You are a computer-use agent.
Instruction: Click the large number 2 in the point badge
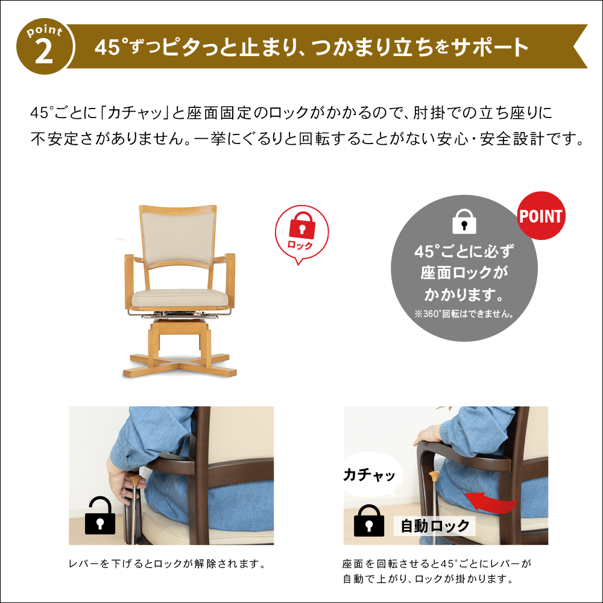point(44,52)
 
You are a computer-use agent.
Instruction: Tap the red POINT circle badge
point(541,216)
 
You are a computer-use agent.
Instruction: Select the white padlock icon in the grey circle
point(464,221)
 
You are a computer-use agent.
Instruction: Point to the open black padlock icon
point(100,515)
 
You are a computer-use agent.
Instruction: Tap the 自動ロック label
point(435,526)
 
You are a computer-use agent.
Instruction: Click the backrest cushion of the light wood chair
point(178,237)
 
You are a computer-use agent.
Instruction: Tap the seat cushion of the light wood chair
point(180,298)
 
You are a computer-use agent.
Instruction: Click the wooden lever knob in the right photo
point(434,476)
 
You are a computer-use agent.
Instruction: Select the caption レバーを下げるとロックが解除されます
point(167,564)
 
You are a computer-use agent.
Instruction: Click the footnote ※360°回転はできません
point(464,314)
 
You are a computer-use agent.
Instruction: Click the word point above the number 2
point(45,31)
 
